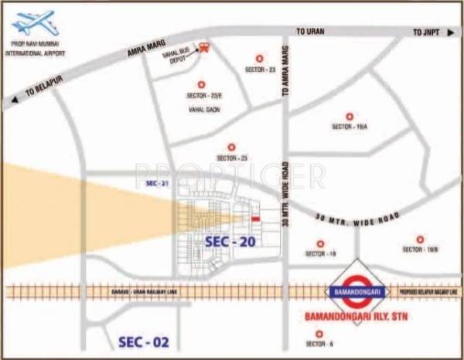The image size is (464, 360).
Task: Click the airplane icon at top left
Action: pos(33,22)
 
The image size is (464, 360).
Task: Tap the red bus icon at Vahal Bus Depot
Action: pos(204,47)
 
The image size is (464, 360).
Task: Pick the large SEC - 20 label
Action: pos(230,241)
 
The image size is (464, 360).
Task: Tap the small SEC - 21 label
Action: pos(156,183)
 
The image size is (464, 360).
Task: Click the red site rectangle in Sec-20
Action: pos(255,219)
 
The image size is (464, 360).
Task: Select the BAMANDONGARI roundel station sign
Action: pos(357,291)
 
